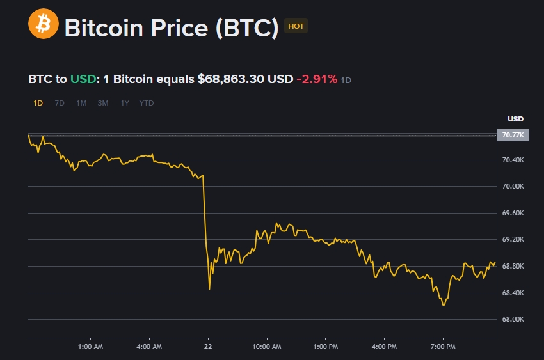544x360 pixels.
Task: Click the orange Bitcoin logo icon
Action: click(x=44, y=25)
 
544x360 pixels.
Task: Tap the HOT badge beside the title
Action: click(x=296, y=26)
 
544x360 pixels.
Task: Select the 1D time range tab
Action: click(x=38, y=103)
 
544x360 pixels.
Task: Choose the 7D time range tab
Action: click(x=60, y=103)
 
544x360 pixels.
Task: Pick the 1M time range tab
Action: click(x=81, y=103)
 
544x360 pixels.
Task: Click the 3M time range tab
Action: click(x=103, y=103)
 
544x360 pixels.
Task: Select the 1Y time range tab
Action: click(x=125, y=103)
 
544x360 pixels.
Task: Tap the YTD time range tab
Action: click(x=147, y=103)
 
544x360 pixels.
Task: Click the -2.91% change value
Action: click(x=316, y=79)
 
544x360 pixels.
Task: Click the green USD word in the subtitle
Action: click(x=82, y=79)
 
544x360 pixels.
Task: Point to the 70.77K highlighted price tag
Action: click(x=513, y=135)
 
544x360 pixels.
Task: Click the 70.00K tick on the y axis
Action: click(x=513, y=187)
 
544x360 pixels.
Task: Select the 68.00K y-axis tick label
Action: click(x=513, y=320)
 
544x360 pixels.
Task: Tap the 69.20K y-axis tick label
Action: click(x=513, y=240)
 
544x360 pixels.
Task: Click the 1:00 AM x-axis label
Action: click(x=90, y=347)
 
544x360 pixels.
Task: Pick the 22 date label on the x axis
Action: click(x=207, y=347)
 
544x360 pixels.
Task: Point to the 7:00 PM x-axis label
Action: click(x=443, y=347)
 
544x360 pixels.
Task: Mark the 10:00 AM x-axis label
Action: click(x=267, y=347)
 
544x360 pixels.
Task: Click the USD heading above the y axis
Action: click(x=515, y=119)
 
